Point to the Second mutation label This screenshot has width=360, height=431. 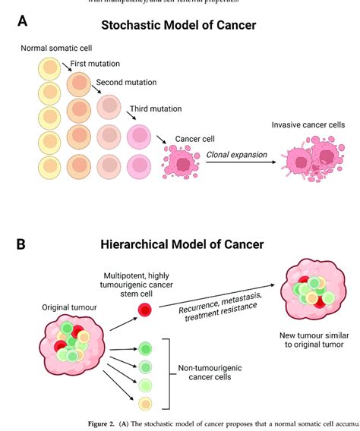126,82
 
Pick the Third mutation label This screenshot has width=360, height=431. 156,109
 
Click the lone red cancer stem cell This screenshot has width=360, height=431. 144,309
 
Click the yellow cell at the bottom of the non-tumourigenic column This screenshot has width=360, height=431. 144,403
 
